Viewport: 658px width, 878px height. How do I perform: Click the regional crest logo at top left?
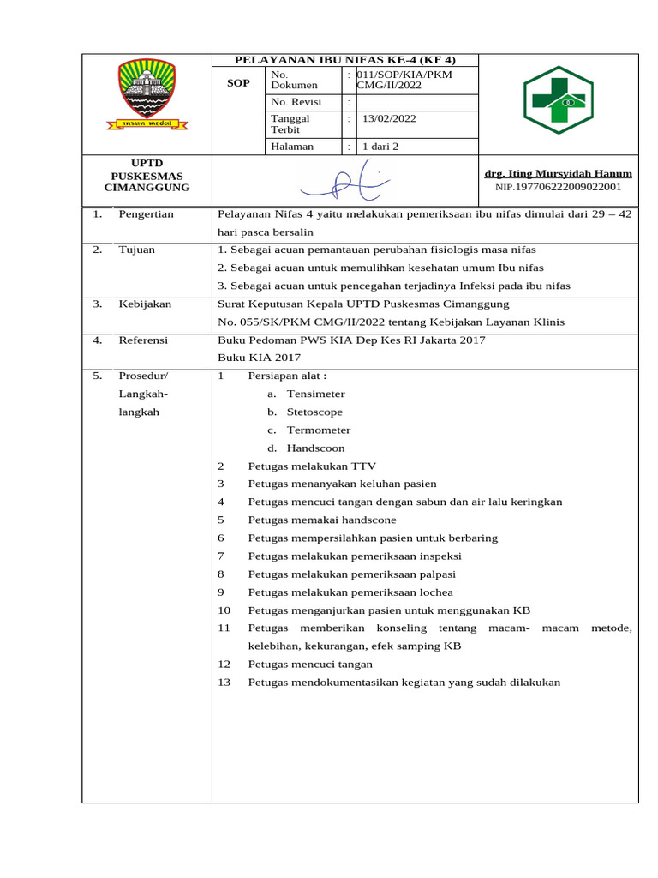146,94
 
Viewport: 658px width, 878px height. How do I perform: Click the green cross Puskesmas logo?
558,100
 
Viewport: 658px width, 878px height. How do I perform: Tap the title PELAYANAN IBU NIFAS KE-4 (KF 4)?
345,60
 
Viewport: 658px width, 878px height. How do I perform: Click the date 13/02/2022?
391,119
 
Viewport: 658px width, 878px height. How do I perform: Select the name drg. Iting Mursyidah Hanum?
558,173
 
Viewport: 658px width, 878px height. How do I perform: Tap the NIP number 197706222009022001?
558,186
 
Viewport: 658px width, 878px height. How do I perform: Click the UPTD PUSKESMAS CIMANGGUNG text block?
147,175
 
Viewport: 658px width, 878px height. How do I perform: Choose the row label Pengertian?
146,213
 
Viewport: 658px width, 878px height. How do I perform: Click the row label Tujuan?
136,250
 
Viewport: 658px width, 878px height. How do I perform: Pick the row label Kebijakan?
145,304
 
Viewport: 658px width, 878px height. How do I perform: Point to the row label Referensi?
143,340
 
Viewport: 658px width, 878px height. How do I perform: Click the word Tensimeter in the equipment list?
315,394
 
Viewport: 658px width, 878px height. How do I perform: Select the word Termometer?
318,430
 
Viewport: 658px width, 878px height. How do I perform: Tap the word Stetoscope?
314,412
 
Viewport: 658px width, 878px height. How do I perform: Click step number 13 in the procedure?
224,682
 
